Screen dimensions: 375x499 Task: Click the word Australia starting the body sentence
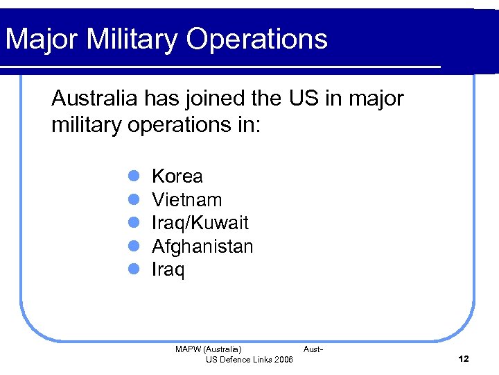pos(95,99)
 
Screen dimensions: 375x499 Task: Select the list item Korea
pos(177,176)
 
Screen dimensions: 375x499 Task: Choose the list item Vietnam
pos(186,200)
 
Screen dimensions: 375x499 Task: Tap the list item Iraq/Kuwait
pos(200,224)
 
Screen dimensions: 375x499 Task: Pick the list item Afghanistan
pos(202,247)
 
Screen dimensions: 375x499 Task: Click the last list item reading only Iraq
pos(168,270)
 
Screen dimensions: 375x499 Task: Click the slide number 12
pos(464,359)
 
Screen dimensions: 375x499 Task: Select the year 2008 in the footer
pos(283,359)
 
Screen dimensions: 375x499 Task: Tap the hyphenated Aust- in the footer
pos(313,349)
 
